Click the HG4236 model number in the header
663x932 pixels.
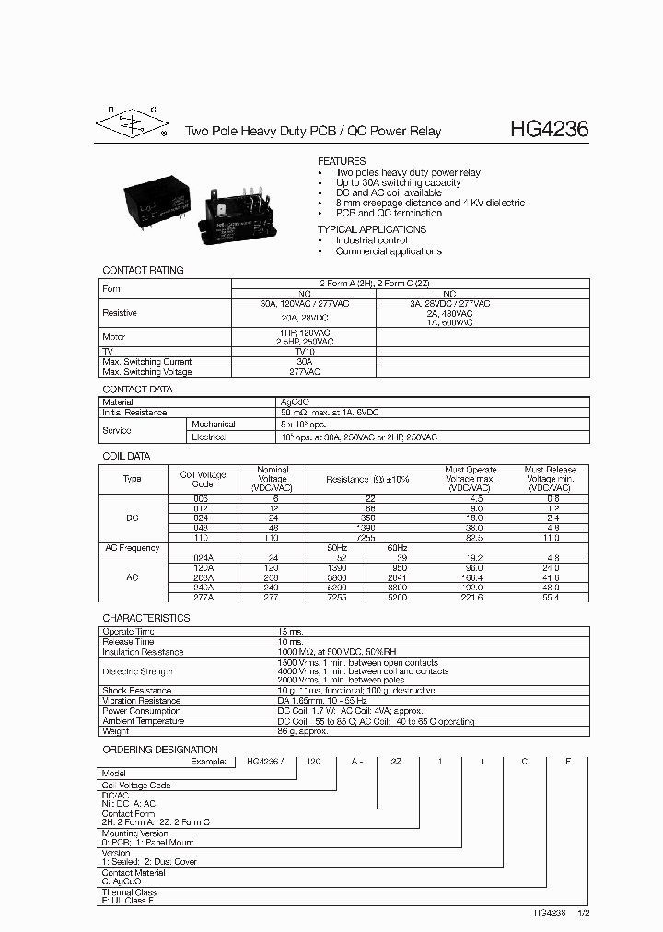click(x=549, y=131)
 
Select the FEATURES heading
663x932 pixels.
click(x=342, y=161)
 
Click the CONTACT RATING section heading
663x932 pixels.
click(x=143, y=271)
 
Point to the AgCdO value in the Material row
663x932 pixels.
click(x=295, y=402)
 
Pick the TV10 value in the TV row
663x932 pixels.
click(x=304, y=351)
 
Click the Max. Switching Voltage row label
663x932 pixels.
click(x=147, y=372)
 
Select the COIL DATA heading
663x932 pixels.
click(x=126, y=456)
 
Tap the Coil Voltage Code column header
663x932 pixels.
click(x=203, y=479)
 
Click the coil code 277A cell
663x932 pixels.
click(x=203, y=598)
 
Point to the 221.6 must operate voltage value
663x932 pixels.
click(x=471, y=598)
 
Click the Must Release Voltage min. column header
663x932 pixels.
click(x=550, y=479)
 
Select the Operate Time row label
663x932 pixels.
click(x=128, y=631)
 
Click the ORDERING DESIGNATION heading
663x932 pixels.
click(x=160, y=750)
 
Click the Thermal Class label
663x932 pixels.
click(x=129, y=892)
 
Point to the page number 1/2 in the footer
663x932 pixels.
click(x=583, y=913)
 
